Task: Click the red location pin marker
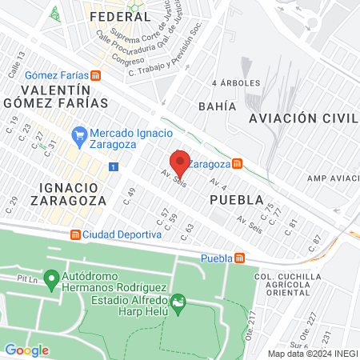(180, 163)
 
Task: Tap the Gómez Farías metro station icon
(96, 75)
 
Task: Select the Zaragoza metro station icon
(237, 164)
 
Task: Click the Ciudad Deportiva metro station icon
(76, 235)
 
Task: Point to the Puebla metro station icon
(239, 258)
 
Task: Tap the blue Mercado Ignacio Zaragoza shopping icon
(78, 134)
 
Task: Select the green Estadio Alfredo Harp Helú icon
(178, 302)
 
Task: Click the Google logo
(27, 350)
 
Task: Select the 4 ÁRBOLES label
(231, 83)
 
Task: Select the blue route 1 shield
(114, 166)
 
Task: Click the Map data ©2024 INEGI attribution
(312, 353)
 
